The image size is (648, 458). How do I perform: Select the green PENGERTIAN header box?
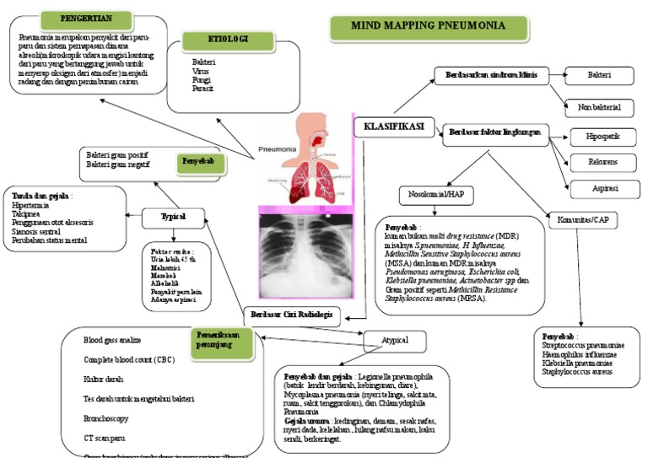pyautogui.click(x=87, y=18)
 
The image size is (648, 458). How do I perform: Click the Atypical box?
pyautogui.click(x=395, y=341)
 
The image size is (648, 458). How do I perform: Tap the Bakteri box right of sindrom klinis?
pyautogui.click(x=598, y=76)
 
